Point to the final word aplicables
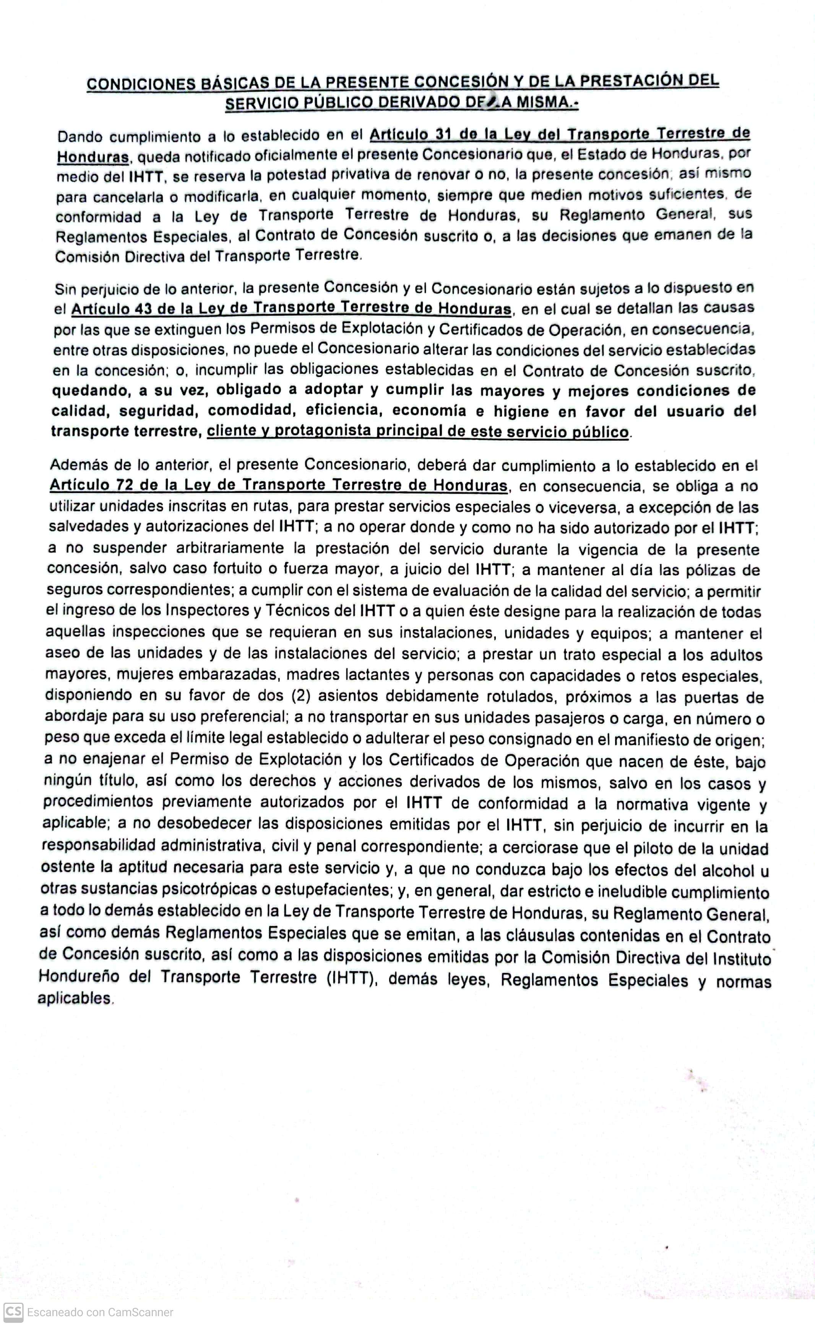[x=75, y=999]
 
